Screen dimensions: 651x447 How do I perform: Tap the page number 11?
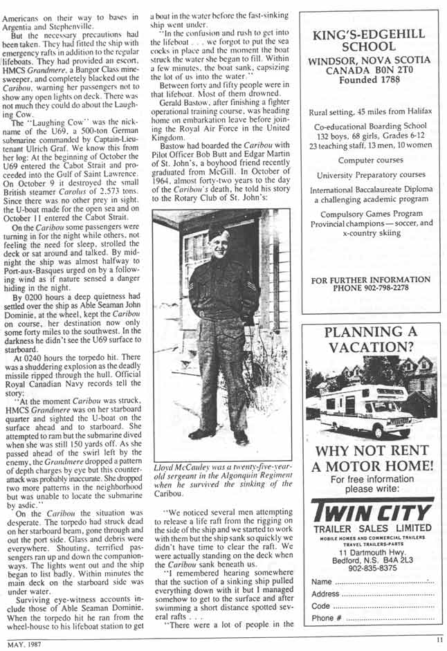(439, 641)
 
